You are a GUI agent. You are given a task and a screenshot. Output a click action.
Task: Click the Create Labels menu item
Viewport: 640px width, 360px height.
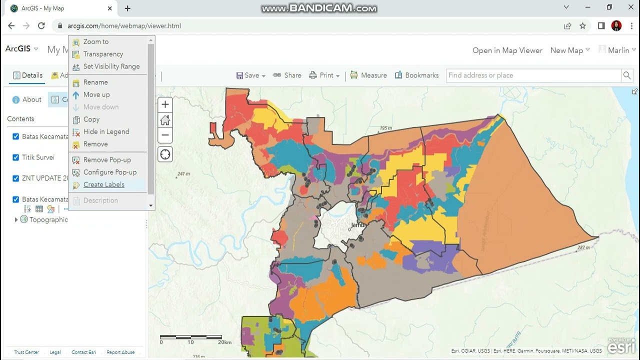click(103, 184)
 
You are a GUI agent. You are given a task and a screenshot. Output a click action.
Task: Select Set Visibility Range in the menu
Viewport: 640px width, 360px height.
click(111, 66)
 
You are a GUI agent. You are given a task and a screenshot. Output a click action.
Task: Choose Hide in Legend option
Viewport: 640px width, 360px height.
click(106, 131)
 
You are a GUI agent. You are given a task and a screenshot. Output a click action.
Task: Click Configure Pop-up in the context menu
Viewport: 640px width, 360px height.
click(109, 172)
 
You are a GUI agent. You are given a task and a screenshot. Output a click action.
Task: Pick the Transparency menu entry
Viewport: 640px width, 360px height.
click(103, 54)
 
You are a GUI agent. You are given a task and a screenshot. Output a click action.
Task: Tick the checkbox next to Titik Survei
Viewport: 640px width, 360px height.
click(15, 157)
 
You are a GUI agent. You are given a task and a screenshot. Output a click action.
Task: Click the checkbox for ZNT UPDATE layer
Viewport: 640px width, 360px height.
click(15, 178)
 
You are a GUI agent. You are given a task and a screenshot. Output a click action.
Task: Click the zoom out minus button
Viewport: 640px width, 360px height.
click(165, 135)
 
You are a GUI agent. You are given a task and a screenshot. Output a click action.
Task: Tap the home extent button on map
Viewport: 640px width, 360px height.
click(165, 120)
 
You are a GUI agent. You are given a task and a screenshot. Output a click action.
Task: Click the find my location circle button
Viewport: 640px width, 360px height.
click(165, 154)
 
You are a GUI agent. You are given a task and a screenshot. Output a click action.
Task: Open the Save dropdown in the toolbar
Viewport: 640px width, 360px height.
click(251, 75)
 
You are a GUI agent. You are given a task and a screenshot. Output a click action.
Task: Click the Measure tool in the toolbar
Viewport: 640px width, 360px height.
click(368, 75)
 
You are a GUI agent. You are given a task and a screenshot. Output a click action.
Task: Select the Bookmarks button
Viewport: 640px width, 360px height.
click(416, 75)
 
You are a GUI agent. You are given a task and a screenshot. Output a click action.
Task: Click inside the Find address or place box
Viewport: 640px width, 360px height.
click(532, 75)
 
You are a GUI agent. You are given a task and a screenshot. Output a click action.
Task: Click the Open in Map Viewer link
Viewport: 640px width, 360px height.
click(507, 50)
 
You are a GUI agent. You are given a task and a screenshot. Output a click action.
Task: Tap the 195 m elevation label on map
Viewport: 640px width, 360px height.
click(385, 128)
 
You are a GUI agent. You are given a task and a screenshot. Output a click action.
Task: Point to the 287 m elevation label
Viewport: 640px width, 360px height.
click(583, 247)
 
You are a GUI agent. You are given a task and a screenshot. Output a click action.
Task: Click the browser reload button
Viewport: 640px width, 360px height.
click(41, 26)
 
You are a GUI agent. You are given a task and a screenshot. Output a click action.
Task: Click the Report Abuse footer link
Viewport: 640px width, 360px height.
click(120, 352)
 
